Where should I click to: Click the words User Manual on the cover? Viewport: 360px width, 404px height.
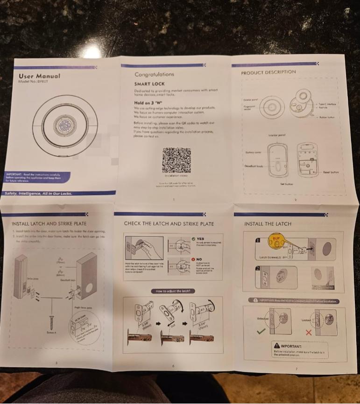coord(39,76)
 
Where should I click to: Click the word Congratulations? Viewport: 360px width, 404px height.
coord(154,74)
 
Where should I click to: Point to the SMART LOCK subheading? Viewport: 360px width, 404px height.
coord(149,84)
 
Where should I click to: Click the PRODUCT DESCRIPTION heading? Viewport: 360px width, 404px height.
coord(268,73)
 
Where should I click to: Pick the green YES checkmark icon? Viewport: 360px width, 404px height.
coord(194,238)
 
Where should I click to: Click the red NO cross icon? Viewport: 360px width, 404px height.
coord(194,259)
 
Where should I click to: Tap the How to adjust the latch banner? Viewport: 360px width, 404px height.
coord(173,291)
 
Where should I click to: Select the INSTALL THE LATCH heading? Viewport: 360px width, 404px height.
coord(268,224)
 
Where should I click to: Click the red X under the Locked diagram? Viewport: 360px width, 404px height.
coord(308,332)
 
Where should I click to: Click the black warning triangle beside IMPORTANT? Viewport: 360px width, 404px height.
coord(277,346)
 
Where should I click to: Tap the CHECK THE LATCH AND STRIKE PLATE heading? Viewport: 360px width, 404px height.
coord(169,224)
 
